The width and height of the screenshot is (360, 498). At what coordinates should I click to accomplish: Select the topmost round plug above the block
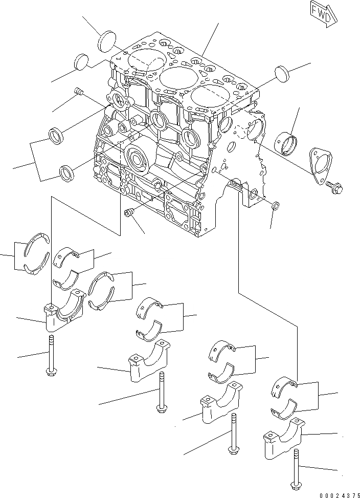point(108,40)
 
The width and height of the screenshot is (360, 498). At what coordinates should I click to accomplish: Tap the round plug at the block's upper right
point(283,73)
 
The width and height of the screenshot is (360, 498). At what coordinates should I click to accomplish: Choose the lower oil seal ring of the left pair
point(66,172)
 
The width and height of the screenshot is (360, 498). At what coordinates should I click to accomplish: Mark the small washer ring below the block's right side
point(275,206)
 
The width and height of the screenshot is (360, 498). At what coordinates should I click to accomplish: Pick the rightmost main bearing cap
point(283,441)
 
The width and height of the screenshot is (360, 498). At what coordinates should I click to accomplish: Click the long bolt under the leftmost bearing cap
point(51,356)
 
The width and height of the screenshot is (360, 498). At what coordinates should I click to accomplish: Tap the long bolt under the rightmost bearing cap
point(297,468)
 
